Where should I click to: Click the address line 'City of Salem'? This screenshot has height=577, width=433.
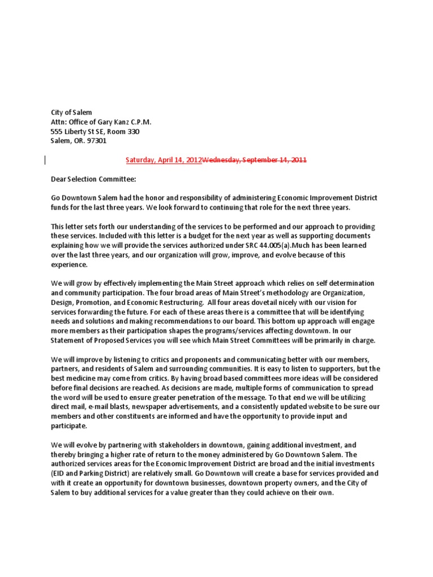click(72, 112)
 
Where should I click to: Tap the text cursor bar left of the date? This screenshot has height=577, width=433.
click(45, 160)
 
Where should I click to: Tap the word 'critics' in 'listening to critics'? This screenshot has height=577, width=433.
click(153, 359)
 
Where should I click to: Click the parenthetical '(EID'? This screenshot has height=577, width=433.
click(59, 473)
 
